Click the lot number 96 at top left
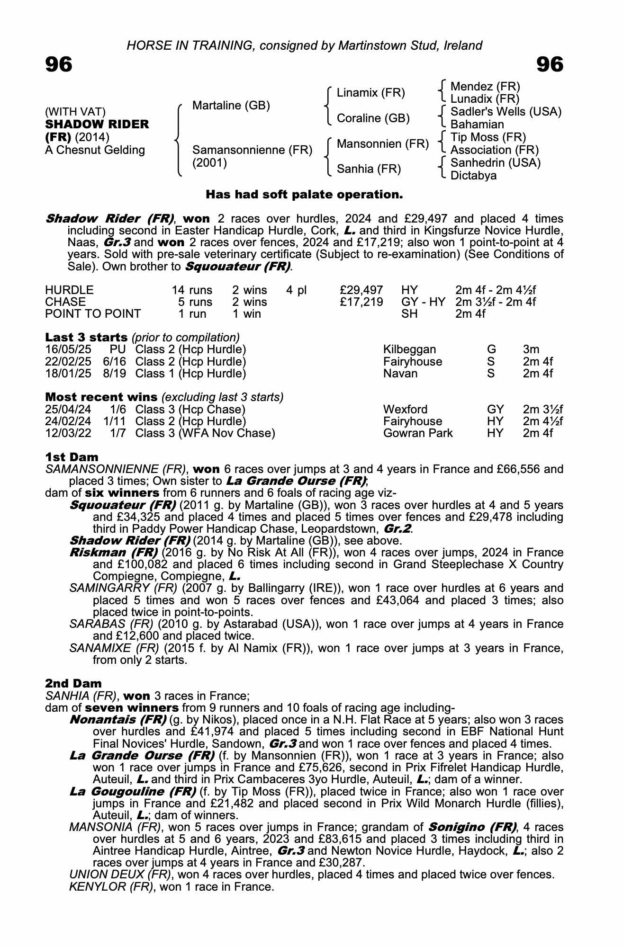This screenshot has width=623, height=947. (x=59, y=64)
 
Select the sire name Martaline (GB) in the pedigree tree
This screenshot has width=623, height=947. (x=231, y=106)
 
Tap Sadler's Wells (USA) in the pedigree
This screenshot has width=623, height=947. (x=506, y=112)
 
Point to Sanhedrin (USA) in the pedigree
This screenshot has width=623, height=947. (x=495, y=163)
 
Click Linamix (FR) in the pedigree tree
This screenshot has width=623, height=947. (x=370, y=93)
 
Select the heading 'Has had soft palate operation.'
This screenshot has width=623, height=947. (x=304, y=195)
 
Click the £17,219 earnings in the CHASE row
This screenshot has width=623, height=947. (x=361, y=302)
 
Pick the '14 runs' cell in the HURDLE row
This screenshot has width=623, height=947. (x=192, y=290)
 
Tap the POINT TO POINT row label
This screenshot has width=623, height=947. (x=93, y=314)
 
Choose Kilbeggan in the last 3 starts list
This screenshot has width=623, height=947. (x=409, y=350)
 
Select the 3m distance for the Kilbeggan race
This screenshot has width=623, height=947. (x=531, y=350)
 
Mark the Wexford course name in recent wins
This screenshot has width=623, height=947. (x=405, y=410)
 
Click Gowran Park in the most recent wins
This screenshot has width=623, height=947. (x=418, y=433)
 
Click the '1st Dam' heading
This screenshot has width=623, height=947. (x=72, y=457)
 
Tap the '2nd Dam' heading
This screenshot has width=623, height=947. (x=73, y=684)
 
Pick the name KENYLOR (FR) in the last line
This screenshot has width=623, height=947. (x=111, y=887)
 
